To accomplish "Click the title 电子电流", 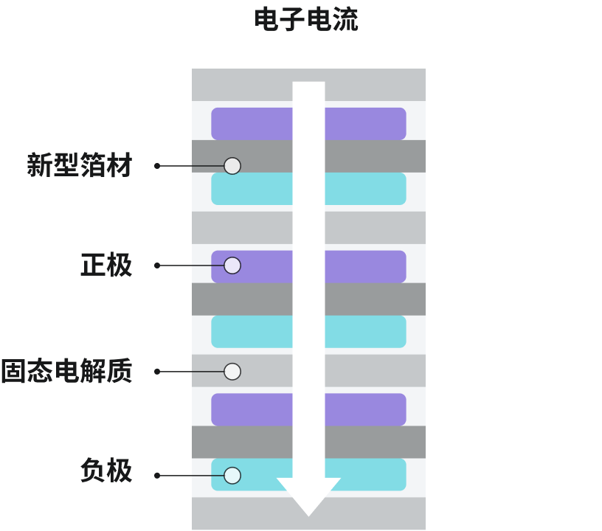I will (x=306, y=20).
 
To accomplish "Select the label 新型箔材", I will (x=79, y=166).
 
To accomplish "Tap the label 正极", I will (x=106, y=265).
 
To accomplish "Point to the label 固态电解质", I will (x=66, y=372).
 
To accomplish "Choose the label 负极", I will (x=106, y=471).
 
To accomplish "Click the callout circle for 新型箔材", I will (x=232, y=166).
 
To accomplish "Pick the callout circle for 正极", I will (x=232, y=265).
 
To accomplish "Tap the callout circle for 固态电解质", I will (x=232, y=371).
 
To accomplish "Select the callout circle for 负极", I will (x=232, y=476).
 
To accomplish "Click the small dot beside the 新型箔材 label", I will (x=157, y=166).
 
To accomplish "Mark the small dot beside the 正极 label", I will (x=157, y=265).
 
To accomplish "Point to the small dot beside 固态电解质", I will (x=157, y=372).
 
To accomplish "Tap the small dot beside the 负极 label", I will (x=157, y=476).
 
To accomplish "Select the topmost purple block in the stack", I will (x=251, y=124).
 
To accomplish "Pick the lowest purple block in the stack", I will (x=251, y=409).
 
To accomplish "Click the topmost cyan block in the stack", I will (x=251, y=189).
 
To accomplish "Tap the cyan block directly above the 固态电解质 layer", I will (x=251, y=332).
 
